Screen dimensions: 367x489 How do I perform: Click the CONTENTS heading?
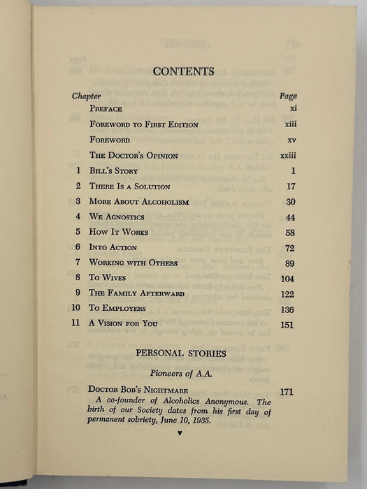coord(183,71)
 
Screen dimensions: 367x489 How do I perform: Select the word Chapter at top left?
coord(86,96)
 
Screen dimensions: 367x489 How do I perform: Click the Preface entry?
coord(106,109)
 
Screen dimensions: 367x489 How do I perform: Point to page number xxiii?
coord(287,155)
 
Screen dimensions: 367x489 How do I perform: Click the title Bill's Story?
coord(113,171)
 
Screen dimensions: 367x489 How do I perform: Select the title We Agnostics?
coord(117,217)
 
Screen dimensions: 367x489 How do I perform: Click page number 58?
coord(290,233)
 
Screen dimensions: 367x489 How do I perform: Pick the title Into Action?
coord(113,247)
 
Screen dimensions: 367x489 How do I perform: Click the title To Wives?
coord(106,277)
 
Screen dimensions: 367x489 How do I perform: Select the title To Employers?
coord(117,308)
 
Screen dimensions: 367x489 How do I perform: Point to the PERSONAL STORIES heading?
coord(181,353)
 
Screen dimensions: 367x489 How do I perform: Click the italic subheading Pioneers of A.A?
coord(182,372)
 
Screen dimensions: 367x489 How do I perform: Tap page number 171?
coord(287,392)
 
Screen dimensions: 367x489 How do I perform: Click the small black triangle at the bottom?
coord(181,433)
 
